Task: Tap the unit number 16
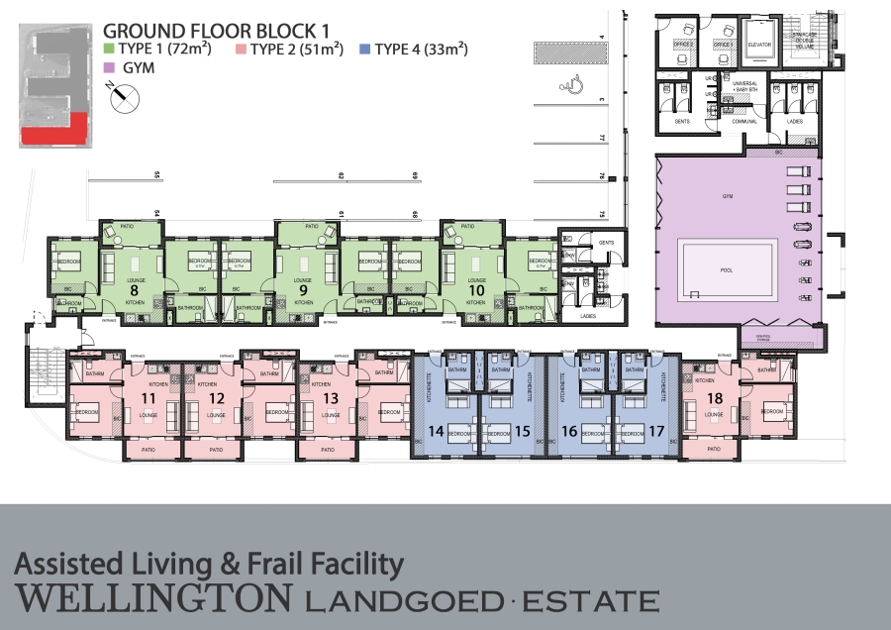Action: tap(569, 432)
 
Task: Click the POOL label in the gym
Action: tap(727, 268)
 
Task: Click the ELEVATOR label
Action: tap(760, 45)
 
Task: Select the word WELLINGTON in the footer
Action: tap(153, 598)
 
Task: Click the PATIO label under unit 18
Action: tap(714, 449)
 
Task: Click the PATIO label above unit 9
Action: tap(312, 227)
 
